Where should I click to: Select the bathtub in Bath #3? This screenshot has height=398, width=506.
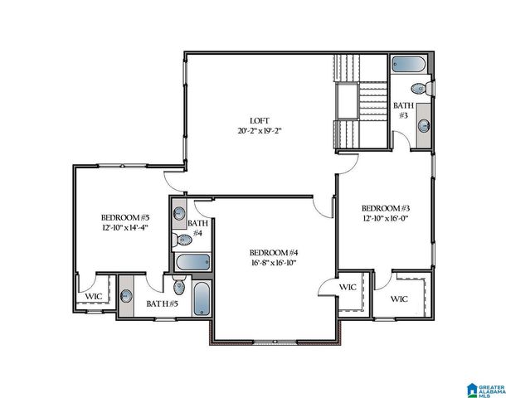click(x=408, y=64)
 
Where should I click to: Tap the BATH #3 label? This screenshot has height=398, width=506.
click(x=403, y=110)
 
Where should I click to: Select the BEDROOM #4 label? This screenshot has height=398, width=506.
click(x=274, y=252)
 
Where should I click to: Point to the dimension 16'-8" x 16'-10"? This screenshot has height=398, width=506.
click(x=274, y=264)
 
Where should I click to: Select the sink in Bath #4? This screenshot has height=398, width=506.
click(x=180, y=214)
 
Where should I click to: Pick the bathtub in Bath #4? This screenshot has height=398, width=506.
click(x=192, y=264)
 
